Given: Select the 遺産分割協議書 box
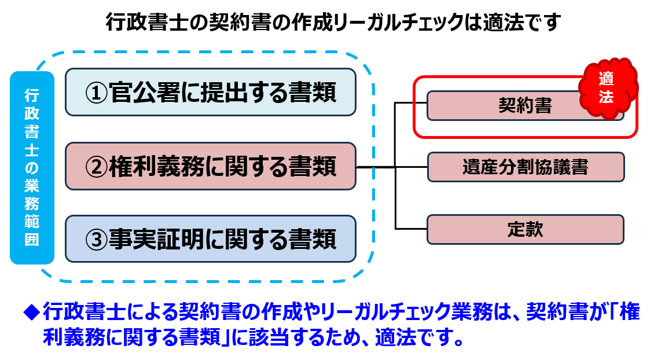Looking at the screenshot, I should click(x=526, y=167).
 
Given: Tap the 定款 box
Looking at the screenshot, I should click(x=526, y=229).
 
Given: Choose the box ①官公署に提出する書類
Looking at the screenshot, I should click(x=210, y=92).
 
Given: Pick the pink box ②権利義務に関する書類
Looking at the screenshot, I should click(x=210, y=167).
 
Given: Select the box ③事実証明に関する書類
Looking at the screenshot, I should click(x=210, y=238).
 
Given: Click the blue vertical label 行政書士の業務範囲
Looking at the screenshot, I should click(x=32, y=167).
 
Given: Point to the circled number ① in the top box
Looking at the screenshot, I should click(x=95, y=93).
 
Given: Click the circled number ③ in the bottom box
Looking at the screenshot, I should click(x=95, y=239).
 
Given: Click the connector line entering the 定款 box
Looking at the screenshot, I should click(x=411, y=229).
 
